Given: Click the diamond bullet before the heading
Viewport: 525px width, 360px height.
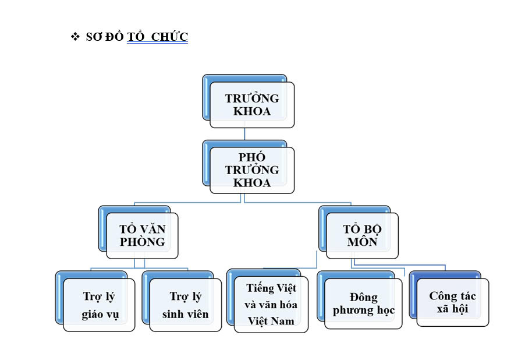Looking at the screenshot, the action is pyautogui.click(x=75, y=37).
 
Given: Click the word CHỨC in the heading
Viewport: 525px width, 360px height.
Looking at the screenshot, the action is pyautogui.click(x=169, y=37).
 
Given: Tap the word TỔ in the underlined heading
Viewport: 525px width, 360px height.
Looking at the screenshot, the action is pyautogui.click(x=136, y=37).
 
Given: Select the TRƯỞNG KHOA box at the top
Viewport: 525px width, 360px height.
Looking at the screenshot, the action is pyautogui.click(x=249, y=101).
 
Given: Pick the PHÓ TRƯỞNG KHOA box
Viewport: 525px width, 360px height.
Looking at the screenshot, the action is pyautogui.click(x=249, y=167).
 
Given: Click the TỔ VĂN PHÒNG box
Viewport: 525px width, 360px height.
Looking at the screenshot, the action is pyautogui.click(x=139, y=232).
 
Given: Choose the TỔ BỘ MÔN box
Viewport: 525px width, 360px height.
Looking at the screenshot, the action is pyautogui.click(x=359, y=232).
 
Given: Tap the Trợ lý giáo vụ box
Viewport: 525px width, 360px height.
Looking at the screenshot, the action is pyautogui.click(x=95, y=301).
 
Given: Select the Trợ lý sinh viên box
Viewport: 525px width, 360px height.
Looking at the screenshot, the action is pyautogui.click(x=182, y=301).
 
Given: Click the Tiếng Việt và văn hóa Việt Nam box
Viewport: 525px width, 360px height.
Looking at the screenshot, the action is pyautogui.click(x=268, y=301).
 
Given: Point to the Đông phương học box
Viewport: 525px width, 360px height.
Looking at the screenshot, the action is pyautogui.click(x=360, y=300).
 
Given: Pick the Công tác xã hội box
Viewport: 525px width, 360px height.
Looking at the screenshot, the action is pyautogui.click(x=449, y=299).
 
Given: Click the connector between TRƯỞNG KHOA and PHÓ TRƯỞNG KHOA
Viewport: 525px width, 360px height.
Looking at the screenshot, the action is pyautogui.click(x=244, y=134).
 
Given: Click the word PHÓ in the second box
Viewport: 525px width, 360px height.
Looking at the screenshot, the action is pyautogui.click(x=252, y=157).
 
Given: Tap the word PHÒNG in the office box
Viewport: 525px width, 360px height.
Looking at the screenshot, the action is pyautogui.click(x=142, y=242).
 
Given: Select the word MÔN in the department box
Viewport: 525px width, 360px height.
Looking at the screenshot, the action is pyautogui.click(x=362, y=241).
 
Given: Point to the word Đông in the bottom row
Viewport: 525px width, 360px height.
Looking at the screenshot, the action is pyautogui.click(x=364, y=297).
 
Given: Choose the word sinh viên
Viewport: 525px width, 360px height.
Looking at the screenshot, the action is pyautogui.click(x=185, y=314).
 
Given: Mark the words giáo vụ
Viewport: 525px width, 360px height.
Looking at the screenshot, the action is pyautogui.click(x=100, y=315).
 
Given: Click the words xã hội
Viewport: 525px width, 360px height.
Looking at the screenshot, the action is pyautogui.click(x=452, y=308).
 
